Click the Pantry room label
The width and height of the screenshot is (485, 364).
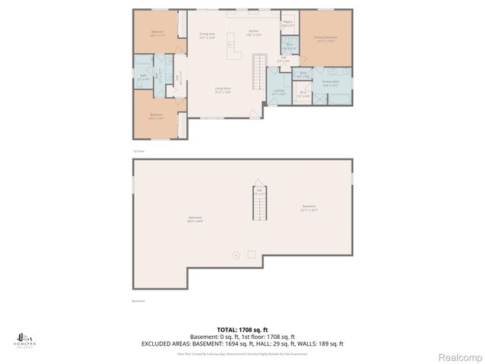(x=288, y=24)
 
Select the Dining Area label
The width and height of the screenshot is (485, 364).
(x=208, y=35)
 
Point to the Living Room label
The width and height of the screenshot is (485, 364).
(x=222, y=90)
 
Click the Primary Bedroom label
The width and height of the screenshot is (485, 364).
(x=327, y=38)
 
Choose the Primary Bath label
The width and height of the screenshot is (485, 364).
(x=330, y=83)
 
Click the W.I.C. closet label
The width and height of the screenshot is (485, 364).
(x=303, y=95)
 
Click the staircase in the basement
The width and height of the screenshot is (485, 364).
(x=260, y=205)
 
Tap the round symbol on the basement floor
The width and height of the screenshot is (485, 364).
(x=235, y=255)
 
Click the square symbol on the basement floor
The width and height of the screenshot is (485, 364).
(x=252, y=254)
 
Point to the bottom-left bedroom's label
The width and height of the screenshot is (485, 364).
(x=157, y=117)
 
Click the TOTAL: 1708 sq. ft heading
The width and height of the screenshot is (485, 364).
(x=242, y=330)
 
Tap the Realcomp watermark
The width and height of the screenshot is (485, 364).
(x=462, y=356)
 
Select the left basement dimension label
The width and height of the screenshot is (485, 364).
(x=196, y=220)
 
